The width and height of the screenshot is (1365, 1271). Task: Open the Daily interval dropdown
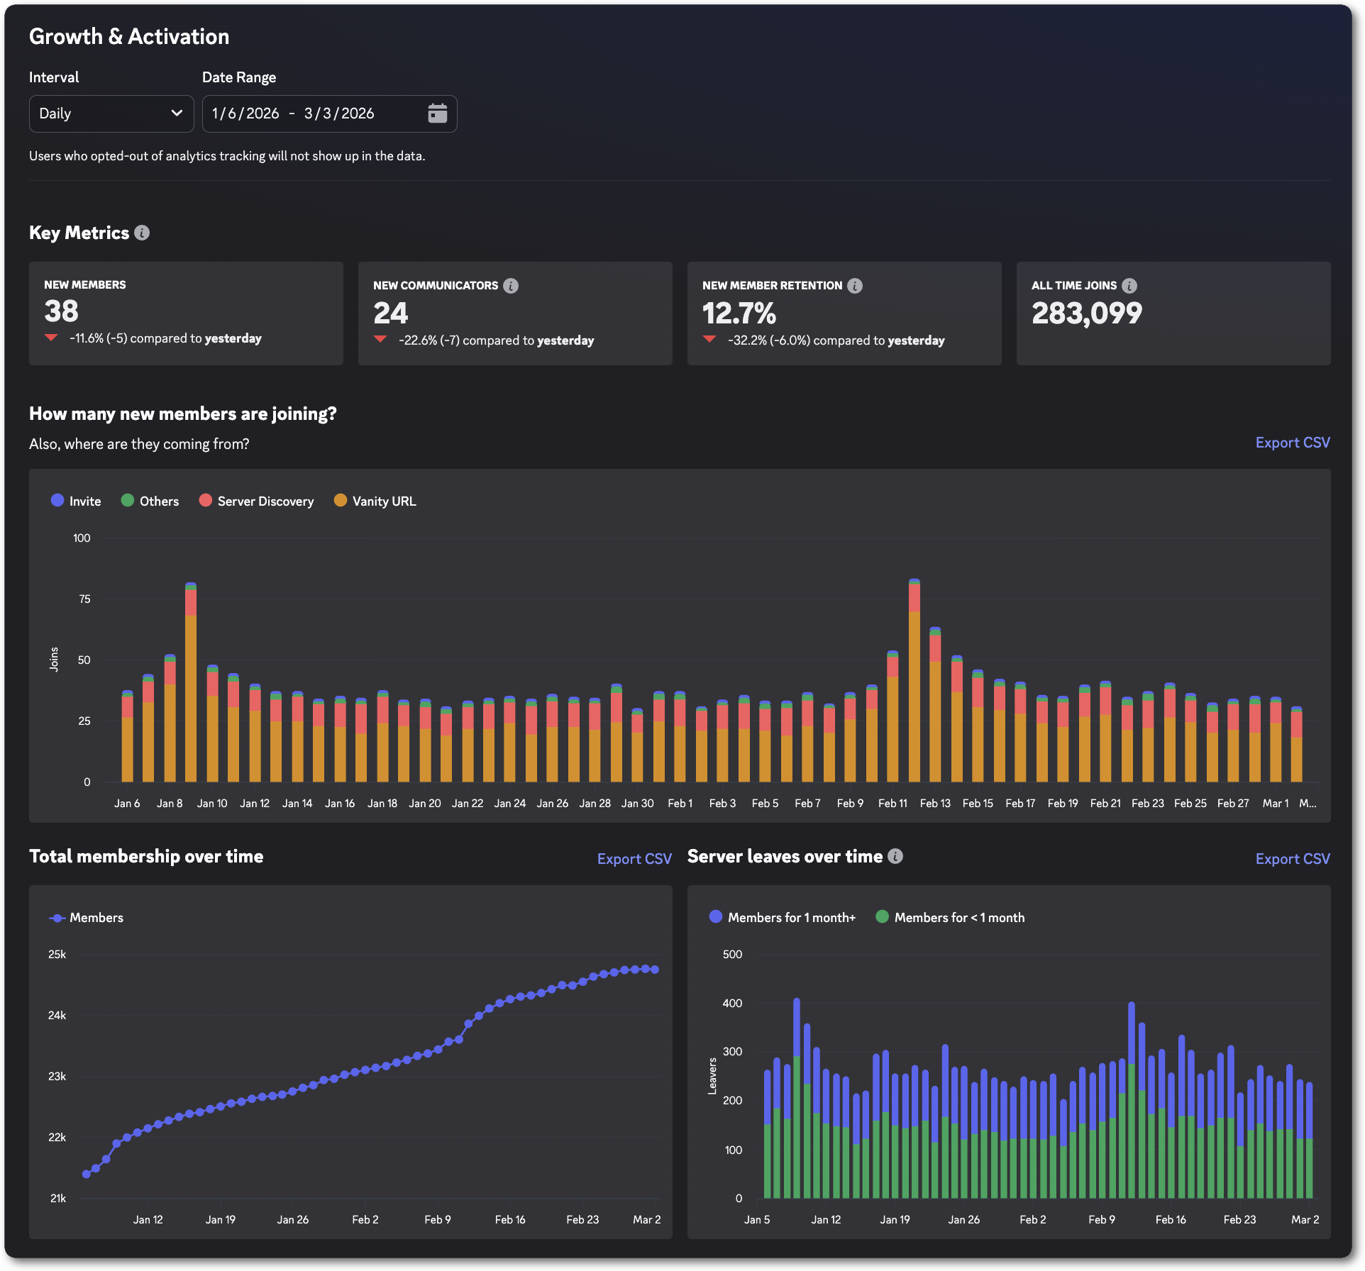point(111,113)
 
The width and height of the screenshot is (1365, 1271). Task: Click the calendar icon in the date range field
point(438,113)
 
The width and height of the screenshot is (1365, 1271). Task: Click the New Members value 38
point(61,311)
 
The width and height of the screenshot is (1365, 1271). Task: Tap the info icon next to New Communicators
point(511,286)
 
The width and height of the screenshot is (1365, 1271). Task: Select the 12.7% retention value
point(739,313)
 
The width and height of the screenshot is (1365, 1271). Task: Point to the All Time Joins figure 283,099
point(1086,313)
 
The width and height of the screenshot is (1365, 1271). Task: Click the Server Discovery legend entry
point(257,501)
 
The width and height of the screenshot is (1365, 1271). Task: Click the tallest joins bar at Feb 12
point(914,681)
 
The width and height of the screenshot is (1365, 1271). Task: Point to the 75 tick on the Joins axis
point(84,599)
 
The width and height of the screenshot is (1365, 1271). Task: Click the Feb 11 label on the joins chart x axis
point(892,804)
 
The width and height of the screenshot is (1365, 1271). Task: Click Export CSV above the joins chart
point(1292,443)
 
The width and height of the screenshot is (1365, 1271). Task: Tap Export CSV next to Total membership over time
point(634,859)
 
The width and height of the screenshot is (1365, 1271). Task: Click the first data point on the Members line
point(87,1174)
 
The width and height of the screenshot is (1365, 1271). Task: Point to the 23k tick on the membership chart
point(57,1077)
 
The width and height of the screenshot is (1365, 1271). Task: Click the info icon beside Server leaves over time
point(895,857)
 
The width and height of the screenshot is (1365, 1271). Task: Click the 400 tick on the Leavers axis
point(732,1004)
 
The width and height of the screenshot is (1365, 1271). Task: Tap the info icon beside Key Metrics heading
point(142,233)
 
